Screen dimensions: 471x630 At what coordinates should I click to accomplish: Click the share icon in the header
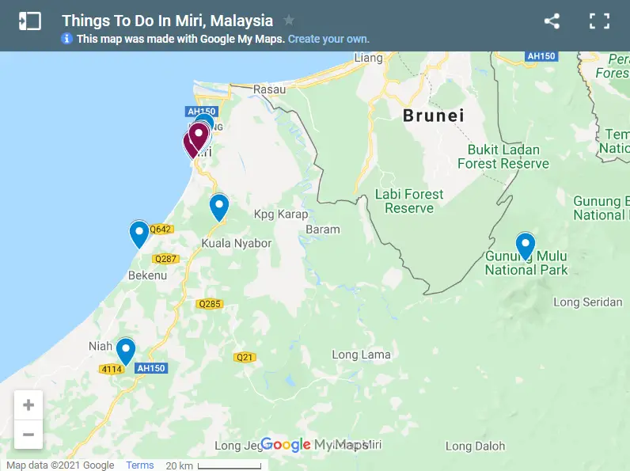pos(552,21)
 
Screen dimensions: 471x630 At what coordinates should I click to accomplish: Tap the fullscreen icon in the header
pos(599,21)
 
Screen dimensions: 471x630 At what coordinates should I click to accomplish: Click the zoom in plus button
pos(28,405)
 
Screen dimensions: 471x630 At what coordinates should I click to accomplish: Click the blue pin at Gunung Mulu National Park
pos(525,245)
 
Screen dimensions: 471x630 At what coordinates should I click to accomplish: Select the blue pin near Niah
pos(125,351)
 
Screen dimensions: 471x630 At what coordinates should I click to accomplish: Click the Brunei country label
pos(433,116)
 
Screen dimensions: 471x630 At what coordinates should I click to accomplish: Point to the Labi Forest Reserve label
pos(409,201)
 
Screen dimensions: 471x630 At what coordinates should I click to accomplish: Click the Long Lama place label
pos(361,355)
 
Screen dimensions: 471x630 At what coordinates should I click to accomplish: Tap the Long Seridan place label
pos(588,302)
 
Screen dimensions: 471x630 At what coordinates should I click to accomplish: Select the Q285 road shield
pos(210,304)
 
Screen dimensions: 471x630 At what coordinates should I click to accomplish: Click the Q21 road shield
pos(245,357)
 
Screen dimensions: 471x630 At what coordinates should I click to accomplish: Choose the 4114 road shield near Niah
pos(110,369)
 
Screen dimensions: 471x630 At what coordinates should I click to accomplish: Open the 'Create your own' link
pos(328,39)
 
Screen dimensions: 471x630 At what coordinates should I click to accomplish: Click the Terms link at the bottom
pos(140,465)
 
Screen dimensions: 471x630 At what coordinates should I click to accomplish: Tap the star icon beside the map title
pos(289,21)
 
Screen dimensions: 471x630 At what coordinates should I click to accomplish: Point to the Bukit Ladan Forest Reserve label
pos(503,157)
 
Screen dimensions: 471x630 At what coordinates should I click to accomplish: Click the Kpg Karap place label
pos(281,215)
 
